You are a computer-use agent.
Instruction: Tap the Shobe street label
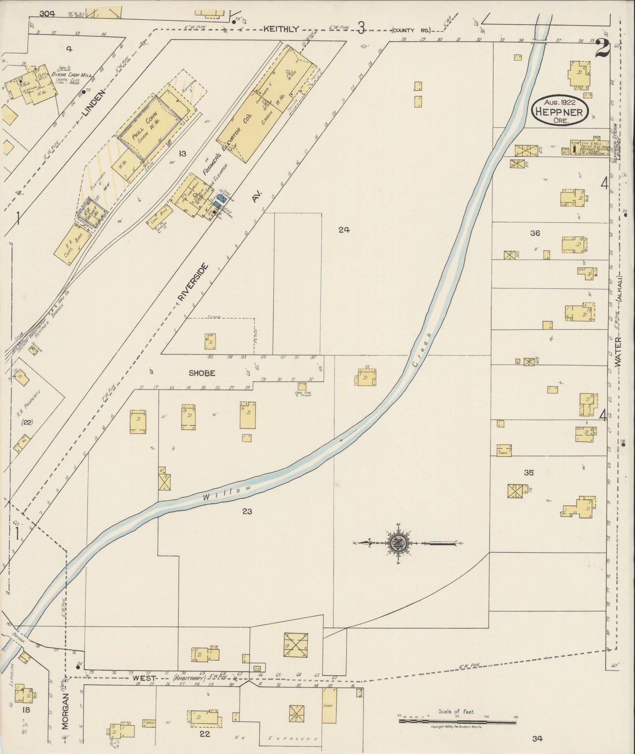coord(202,373)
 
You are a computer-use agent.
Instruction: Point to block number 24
coord(344,229)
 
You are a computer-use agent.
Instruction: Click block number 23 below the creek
coord(247,511)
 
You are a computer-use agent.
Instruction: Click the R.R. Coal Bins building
coord(72,245)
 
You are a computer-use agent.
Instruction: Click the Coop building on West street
coord(329,704)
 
